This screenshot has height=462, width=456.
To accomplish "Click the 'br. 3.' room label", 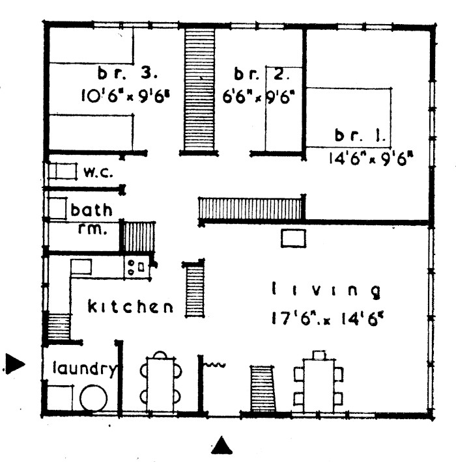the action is point(128,73).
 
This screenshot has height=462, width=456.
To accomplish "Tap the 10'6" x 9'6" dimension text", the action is point(126,96).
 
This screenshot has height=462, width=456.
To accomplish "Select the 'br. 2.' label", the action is point(261,74).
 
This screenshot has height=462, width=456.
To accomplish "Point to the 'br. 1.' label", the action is point(360,135).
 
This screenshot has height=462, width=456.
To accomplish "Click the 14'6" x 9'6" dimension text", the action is point(371,159).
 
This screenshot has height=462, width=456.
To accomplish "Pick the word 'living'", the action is point(326,290).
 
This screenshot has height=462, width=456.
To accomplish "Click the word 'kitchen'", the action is point(131,306).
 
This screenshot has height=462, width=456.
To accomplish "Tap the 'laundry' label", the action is point(84,369).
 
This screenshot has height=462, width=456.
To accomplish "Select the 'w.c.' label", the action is point(98,172).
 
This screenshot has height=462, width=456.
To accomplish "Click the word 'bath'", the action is point(91,210).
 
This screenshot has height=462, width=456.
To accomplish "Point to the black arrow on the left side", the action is point(16,364).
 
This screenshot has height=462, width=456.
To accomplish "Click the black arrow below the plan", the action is point(221,445).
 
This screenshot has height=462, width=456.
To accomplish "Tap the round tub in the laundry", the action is point(93,398).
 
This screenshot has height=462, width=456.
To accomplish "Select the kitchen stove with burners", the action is point(137,267).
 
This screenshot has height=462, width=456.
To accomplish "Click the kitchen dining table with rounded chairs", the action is point(160,382).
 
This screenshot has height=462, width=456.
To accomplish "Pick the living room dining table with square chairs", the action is point(319,381).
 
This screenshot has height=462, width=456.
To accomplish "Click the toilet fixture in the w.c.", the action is point(63,171).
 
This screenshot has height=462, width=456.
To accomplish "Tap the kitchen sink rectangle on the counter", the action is point(81,267).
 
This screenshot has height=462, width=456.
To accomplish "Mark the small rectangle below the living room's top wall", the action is point(293,238).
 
